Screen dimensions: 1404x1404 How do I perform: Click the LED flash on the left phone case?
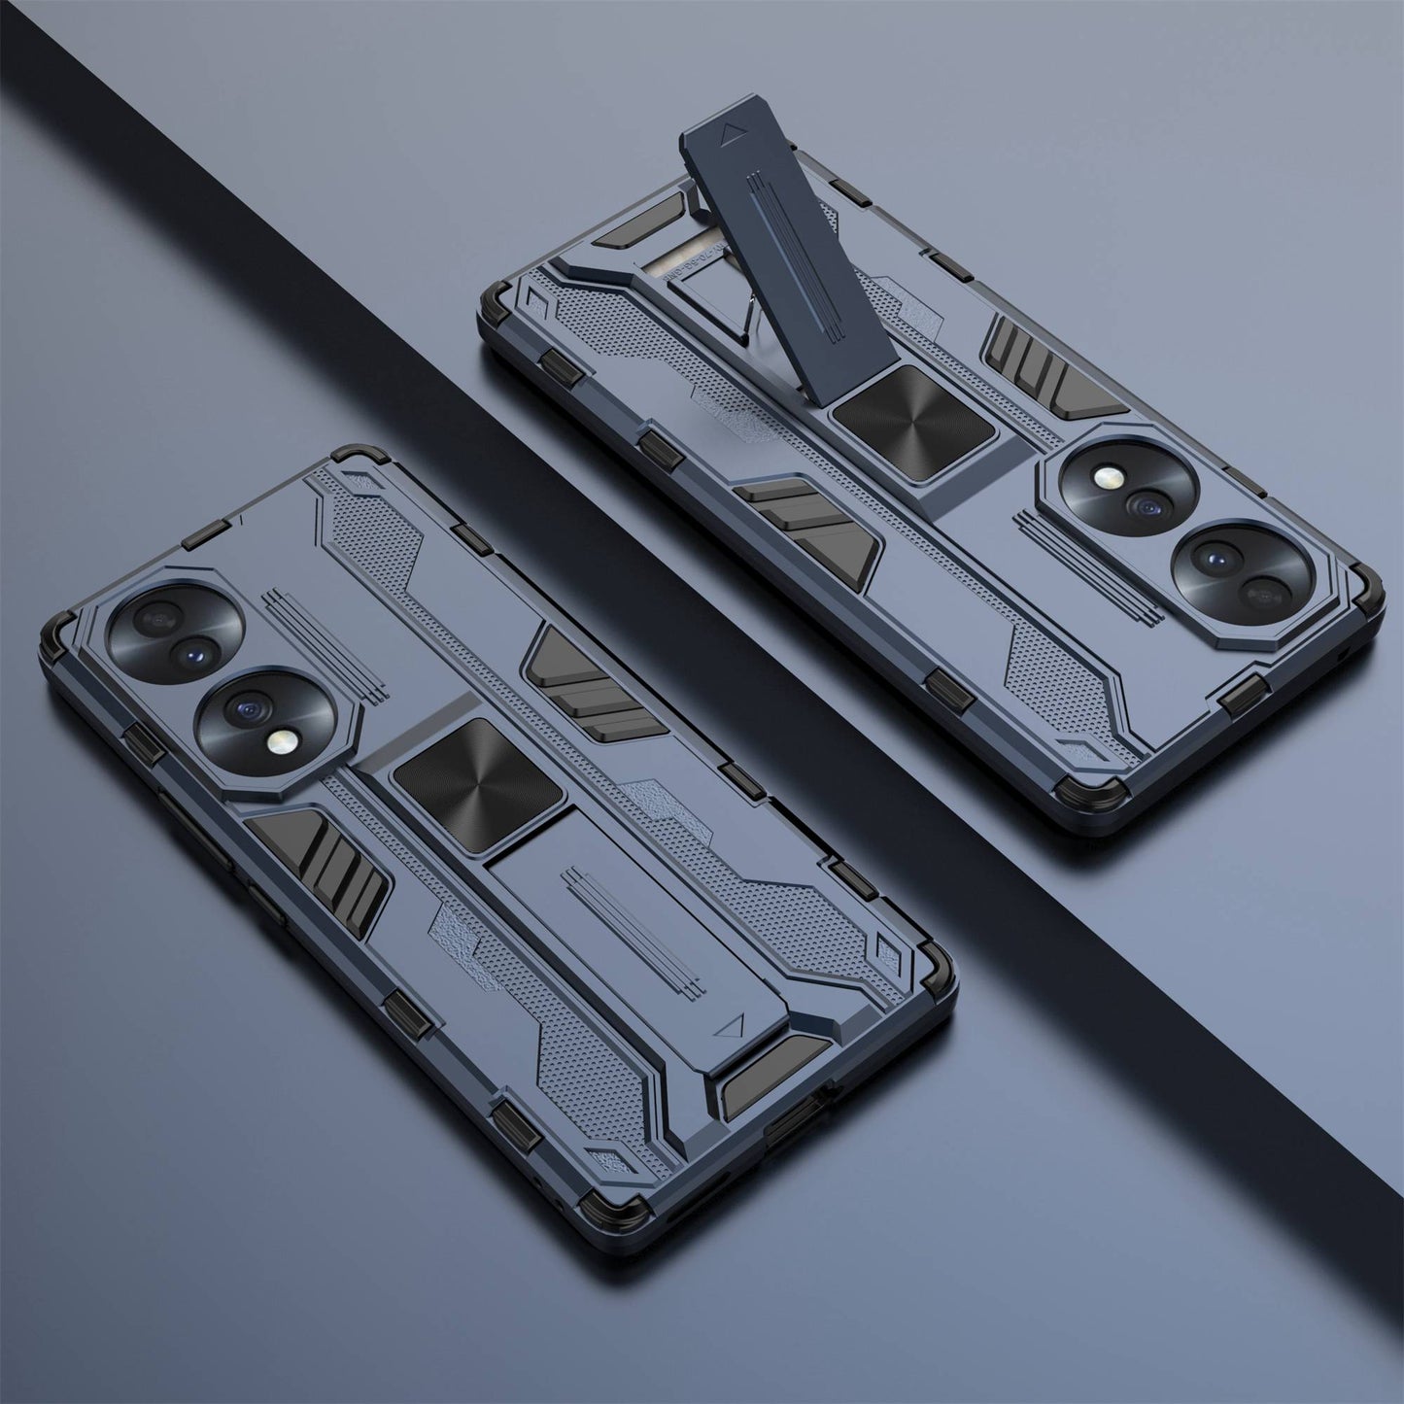[x=276, y=744]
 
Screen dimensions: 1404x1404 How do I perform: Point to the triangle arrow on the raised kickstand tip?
[x=729, y=131]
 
